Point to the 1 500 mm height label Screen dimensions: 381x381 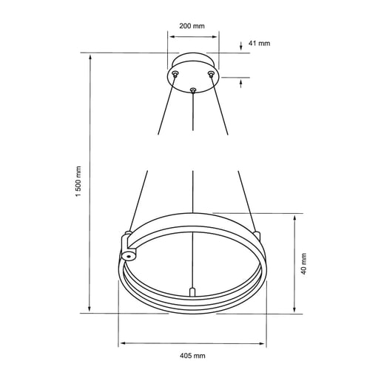pos(78,183)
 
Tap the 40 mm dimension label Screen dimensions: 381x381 pos(305,263)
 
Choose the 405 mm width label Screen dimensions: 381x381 pos(192,356)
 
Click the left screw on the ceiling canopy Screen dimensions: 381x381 pos(175,74)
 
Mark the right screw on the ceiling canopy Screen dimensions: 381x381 pos(212,74)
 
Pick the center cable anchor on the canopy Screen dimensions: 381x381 pos(193,91)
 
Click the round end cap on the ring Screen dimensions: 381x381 pos(129,256)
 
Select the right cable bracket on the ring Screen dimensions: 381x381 pos(257,235)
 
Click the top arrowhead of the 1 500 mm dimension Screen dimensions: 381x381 pos(90,56)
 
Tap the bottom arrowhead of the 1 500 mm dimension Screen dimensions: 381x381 pos(90,310)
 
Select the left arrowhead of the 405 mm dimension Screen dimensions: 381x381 pos(122,343)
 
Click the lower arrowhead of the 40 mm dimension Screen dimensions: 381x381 pos(295,310)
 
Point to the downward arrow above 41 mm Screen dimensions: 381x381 pos(242,48)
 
